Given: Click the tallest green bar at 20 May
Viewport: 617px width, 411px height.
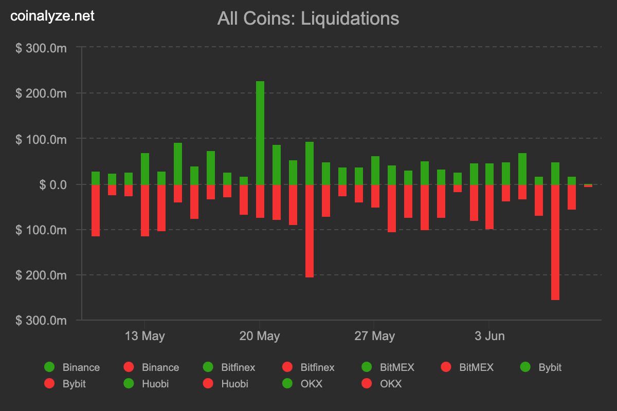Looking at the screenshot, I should [x=260, y=133].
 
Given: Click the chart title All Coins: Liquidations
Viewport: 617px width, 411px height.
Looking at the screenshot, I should [x=308, y=18].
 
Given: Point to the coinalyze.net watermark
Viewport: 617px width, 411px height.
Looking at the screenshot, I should [x=53, y=16].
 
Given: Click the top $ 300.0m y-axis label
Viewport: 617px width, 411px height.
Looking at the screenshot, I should [x=41, y=48].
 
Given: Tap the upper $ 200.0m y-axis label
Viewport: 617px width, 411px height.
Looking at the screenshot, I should [x=41, y=94].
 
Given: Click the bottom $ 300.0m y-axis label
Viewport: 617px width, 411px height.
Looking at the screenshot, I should [x=41, y=320].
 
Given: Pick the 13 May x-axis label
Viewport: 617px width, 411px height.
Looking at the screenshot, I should [x=145, y=337].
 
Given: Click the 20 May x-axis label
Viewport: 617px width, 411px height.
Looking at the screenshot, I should [x=260, y=337].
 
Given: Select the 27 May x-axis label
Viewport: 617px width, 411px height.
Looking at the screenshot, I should [x=375, y=337].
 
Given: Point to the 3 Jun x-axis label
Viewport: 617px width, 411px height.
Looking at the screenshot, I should [x=489, y=337].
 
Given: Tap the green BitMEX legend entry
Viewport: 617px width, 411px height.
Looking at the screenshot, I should [x=389, y=367].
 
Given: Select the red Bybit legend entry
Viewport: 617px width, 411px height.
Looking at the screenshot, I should [x=66, y=384].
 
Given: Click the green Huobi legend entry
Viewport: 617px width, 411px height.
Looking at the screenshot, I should [x=146, y=384].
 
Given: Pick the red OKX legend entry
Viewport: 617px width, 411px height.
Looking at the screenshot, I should [x=383, y=384].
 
